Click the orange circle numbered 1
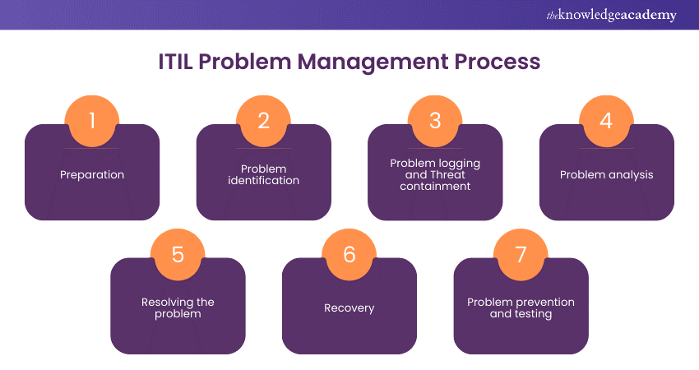click(x=92, y=122)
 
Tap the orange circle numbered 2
click(x=263, y=122)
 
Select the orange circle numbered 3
click(x=435, y=122)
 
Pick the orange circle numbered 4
click(x=606, y=122)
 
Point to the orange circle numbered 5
click(x=178, y=255)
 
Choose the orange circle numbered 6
click(x=349, y=255)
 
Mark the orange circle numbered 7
click(x=521, y=255)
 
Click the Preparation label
click(x=92, y=174)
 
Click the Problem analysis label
click(x=606, y=174)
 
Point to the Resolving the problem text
click(x=178, y=308)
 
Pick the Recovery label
click(x=349, y=308)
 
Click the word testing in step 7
click(x=532, y=313)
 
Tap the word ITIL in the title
click(x=178, y=62)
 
